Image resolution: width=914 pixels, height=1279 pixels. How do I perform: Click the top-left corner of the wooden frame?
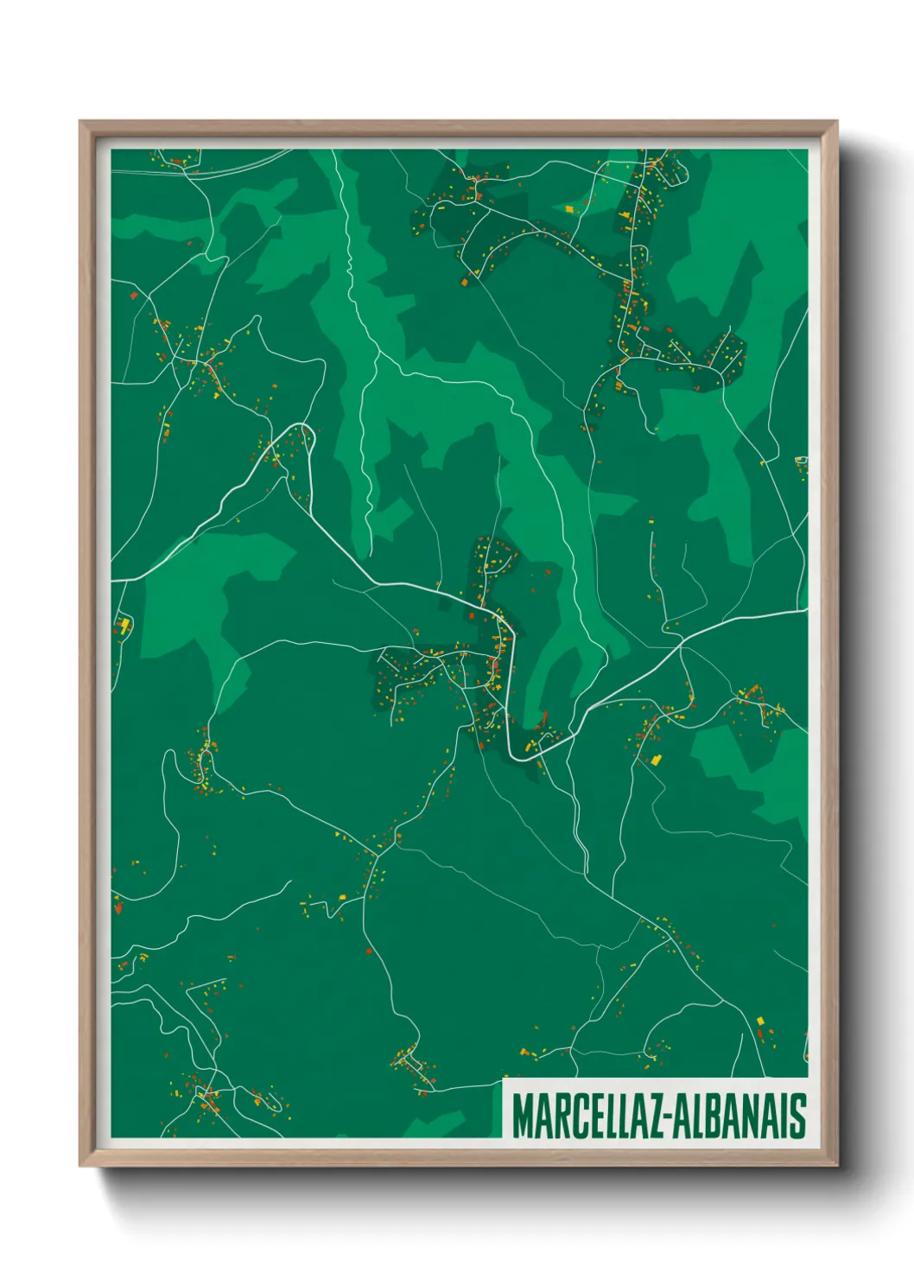(x=81, y=123)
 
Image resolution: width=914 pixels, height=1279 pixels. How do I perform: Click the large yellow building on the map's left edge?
(x=124, y=624)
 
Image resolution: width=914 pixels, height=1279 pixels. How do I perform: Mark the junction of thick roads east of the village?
(x=681, y=644)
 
